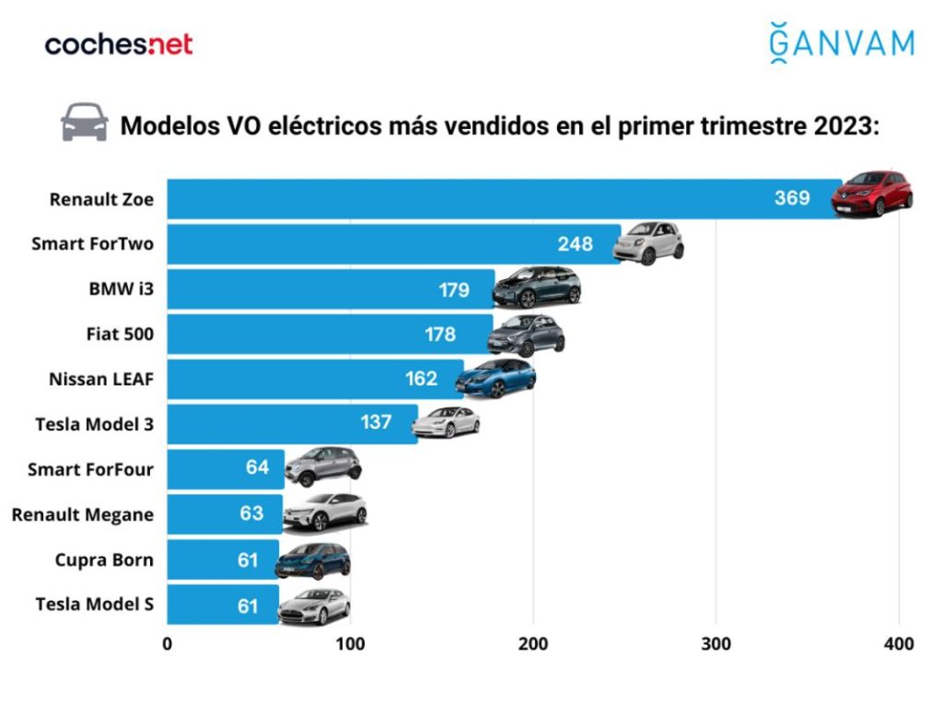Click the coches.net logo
click(119, 44)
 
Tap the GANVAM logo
click(842, 43)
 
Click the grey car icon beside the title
click(85, 123)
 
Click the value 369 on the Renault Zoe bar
click(791, 198)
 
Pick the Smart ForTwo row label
click(92, 243)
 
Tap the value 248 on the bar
click(575, 243)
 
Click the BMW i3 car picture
click(537, 287)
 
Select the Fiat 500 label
click(120, 334)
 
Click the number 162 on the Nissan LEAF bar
click(421, 379)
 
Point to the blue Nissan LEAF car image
click(495, 378)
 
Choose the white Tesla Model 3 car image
click(446, 422)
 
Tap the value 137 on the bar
click(376, 423)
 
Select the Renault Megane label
click(82, 514)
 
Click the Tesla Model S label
click(94, 605)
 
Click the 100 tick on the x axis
click(350, 643)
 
